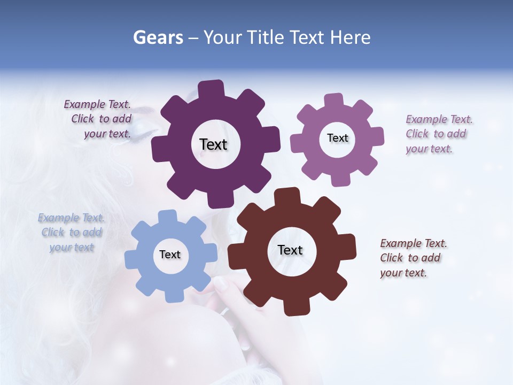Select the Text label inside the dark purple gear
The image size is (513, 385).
[x=213, y=144]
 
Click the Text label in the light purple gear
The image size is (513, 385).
[x=337, y=138]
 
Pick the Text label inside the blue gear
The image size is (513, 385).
[x=170, y=255]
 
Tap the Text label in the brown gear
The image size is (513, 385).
[x=290, y=250]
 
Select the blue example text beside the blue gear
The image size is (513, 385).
[x=72, y=233]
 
